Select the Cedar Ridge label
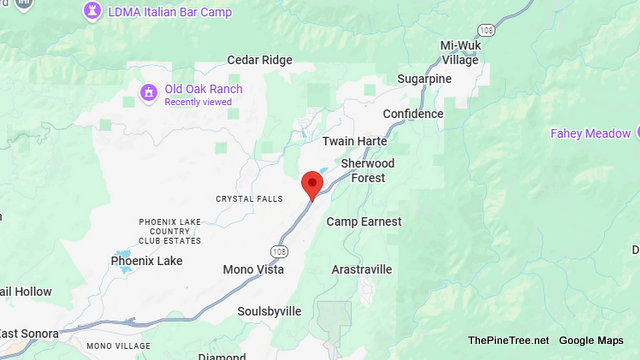point(260,60)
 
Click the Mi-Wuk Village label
point(460,52)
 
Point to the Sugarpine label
point(424,78)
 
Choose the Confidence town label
point(412,114)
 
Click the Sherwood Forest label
point(368,170)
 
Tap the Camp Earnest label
point(364,221)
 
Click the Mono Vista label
point(253,269)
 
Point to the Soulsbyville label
point(269,311)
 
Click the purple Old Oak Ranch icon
point(149,94)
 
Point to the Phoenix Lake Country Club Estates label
point(169,231)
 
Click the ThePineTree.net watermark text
point(509,341)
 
